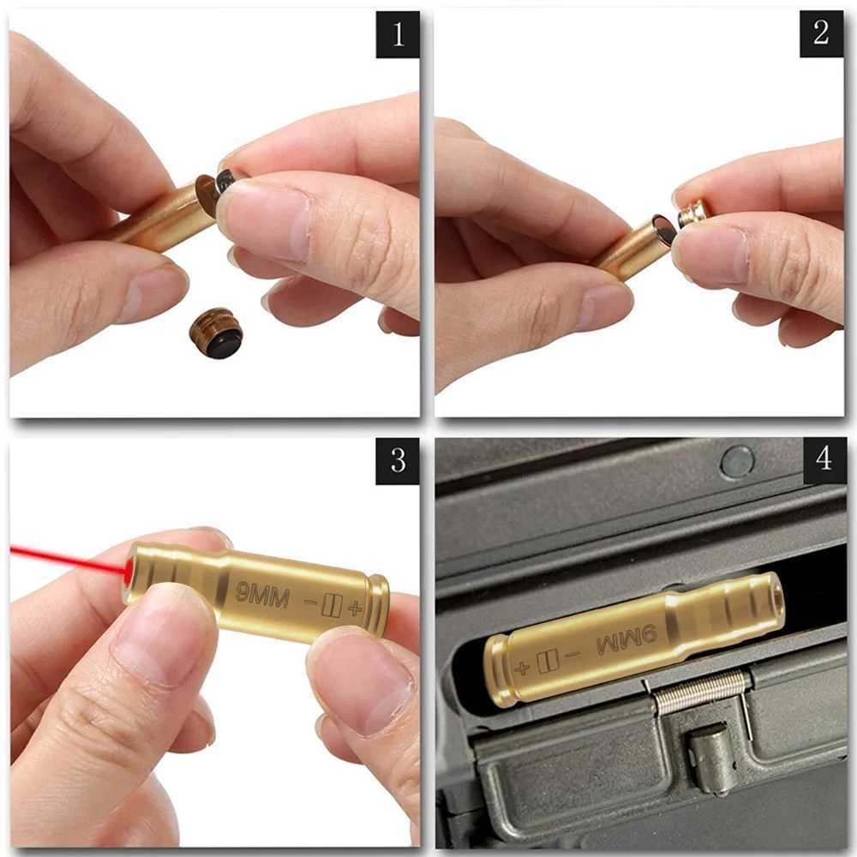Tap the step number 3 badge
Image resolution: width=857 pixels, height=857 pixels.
(398, 460)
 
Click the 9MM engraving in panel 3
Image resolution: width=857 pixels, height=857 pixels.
(262, 592)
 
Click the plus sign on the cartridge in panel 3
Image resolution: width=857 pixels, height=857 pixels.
(354, 608)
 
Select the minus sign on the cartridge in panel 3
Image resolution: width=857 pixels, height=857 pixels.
(310, 603)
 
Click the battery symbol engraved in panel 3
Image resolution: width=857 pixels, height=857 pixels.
(332, 606)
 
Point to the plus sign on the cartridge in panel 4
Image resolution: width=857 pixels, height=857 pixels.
(521, 667)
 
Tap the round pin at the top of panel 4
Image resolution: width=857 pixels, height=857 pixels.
(737, 461)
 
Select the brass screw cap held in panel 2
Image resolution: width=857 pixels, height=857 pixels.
(693, 213)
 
